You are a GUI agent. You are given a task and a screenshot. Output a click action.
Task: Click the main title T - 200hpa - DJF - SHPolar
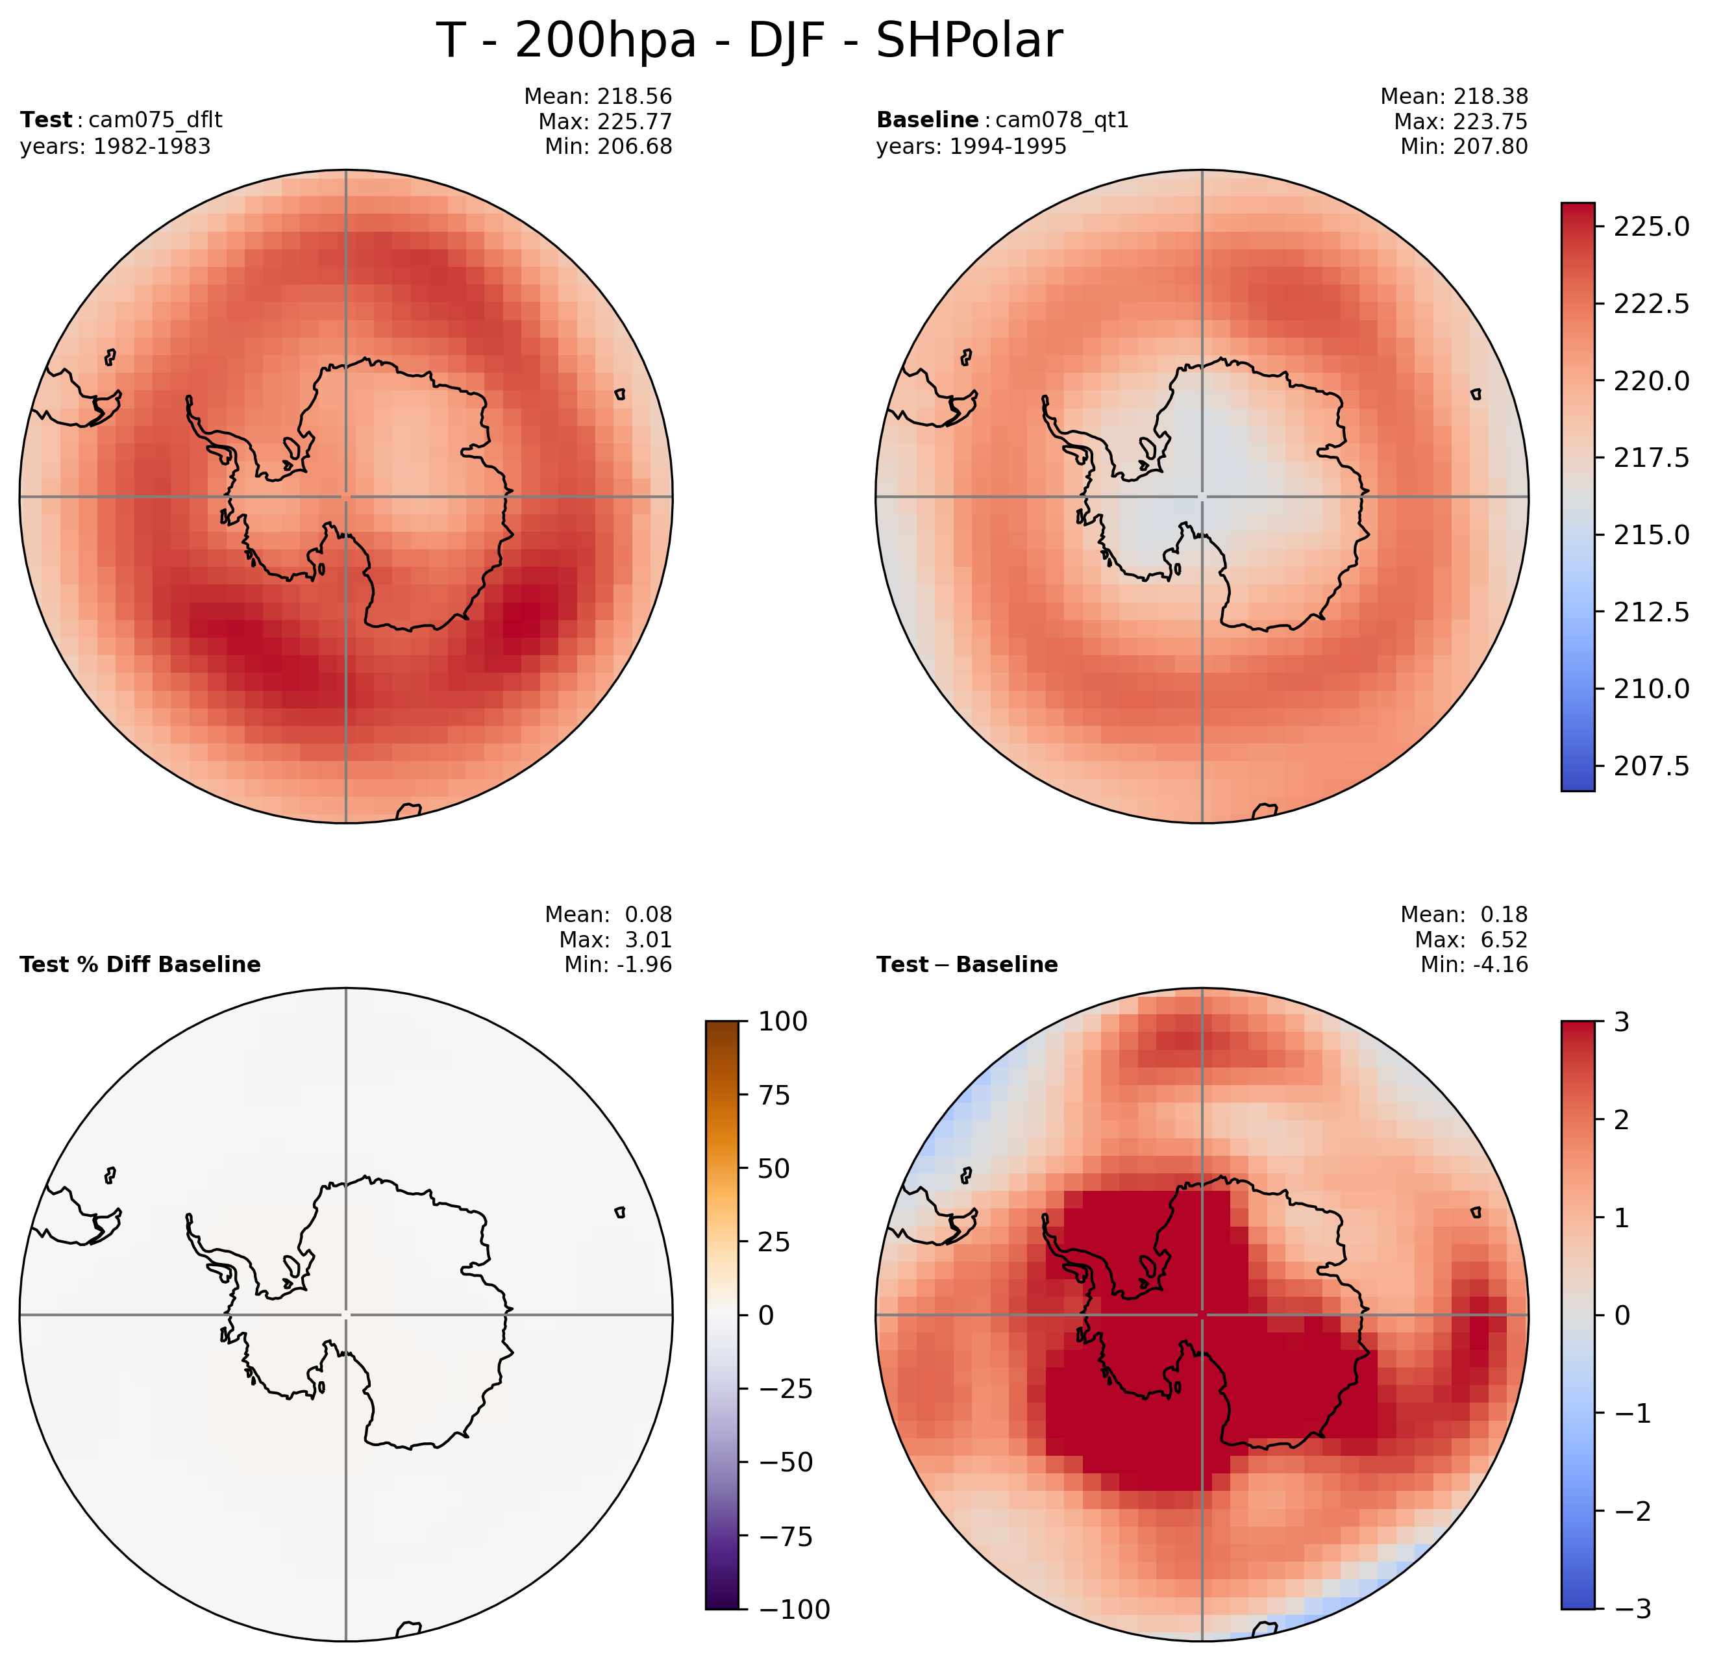(749, 41)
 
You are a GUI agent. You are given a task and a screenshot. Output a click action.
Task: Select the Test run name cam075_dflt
(155, 119)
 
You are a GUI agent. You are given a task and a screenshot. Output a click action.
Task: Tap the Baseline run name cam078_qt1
(1061, 119)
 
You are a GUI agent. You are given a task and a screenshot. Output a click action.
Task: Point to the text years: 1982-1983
(115, 147)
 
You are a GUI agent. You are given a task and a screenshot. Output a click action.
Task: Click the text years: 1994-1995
(971, 147)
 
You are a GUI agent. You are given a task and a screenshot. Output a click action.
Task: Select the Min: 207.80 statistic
(1464, 147)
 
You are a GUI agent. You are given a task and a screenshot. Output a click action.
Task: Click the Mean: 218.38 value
(1454, 96)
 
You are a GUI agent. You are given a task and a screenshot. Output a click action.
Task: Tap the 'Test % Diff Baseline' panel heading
(140, 964)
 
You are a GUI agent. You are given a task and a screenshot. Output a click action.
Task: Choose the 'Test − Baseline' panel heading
(967, 964)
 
